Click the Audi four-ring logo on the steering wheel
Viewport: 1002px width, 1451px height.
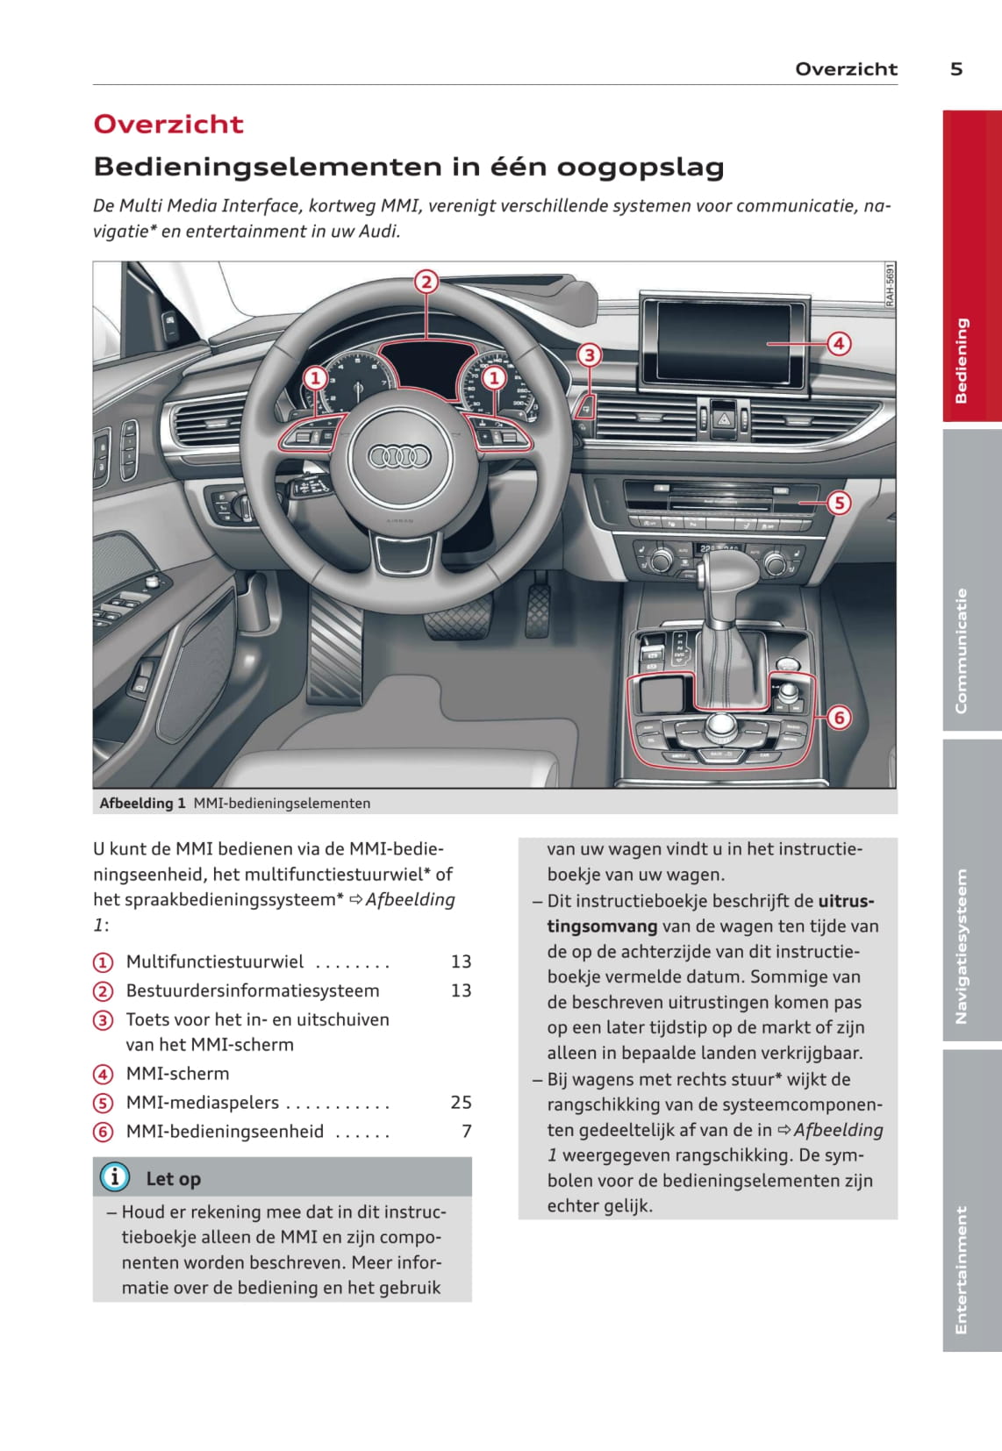click(399, 456)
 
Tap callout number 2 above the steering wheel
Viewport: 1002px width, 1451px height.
click(426, 282)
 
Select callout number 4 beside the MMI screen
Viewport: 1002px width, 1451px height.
click(839, 343)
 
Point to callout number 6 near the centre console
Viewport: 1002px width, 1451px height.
click(839, 718)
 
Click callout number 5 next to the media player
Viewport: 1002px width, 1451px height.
click(839, 503)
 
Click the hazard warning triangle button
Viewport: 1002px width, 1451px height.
click(725, 418)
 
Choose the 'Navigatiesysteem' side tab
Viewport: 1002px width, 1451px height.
click(971, 890)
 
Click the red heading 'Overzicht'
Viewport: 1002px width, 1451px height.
click(168, 125)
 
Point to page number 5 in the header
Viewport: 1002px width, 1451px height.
click(956, 69)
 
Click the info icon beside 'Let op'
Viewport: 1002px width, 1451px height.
click(114, 1177)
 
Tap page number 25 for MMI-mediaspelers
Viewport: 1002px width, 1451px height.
click(461, 1102)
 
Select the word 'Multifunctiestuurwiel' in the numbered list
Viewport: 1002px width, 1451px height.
click(215, 961)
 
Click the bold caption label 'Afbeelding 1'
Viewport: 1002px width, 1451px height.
click(142, 803)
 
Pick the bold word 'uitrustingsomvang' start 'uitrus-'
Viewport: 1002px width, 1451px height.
click(846, 900)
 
